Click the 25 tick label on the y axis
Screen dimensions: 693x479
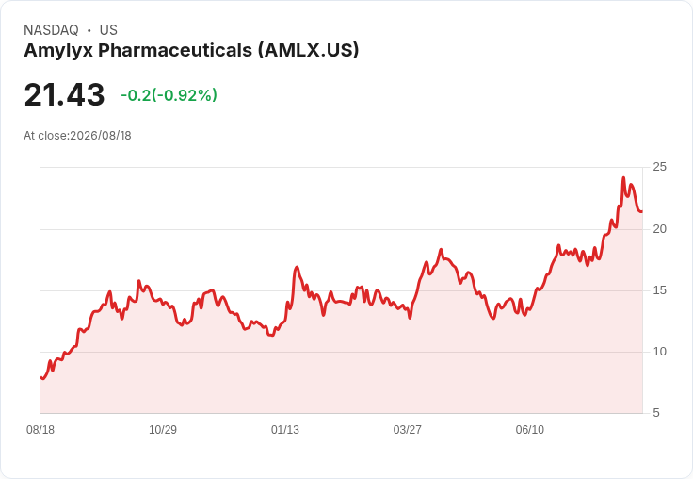point(659,167)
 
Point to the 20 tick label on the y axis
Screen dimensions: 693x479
point(659,229)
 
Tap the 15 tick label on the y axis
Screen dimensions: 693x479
point(659,290)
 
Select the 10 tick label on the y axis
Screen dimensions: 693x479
point(659,352)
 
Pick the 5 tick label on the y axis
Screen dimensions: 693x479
point(656,413)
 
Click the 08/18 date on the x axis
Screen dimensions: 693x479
point(40,430)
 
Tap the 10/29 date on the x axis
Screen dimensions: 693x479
point(163,430)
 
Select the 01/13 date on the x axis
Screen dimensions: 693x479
point(285,430)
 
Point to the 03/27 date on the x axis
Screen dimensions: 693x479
point(408,430)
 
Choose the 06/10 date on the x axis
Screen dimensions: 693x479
point(530,430)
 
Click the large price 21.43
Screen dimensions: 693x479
point(64,94)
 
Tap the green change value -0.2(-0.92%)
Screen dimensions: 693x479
point(169,95)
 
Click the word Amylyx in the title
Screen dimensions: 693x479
point(58,51)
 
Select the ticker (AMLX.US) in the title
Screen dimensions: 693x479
point(309,51)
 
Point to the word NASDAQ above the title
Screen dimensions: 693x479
point(51,30)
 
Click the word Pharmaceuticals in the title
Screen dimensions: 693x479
point(175,50)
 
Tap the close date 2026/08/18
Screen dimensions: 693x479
point(101,136)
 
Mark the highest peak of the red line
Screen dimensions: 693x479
point(623,177)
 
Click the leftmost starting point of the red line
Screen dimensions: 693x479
point(40,377)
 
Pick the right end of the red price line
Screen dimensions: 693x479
point(642,211)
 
